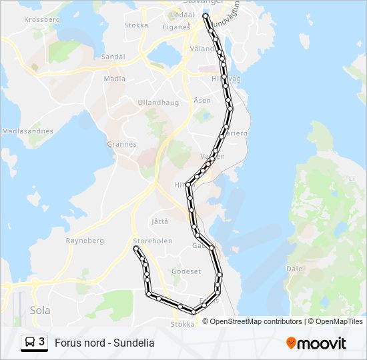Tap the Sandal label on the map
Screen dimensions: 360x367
point(113,57)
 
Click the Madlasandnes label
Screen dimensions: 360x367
point(27,131)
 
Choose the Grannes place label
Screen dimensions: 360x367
point(121,144)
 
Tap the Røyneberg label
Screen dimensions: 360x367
point(85,241)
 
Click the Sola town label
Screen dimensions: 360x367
point(40,310)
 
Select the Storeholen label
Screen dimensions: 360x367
point(153,241)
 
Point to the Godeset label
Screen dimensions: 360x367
point(186,271)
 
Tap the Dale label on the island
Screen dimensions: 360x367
point(294,269)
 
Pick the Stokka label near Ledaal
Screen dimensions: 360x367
point(136,25)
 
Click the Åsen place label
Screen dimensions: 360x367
point(202,100)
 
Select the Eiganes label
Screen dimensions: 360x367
point(177,27)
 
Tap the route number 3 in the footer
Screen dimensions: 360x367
point(42,342)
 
